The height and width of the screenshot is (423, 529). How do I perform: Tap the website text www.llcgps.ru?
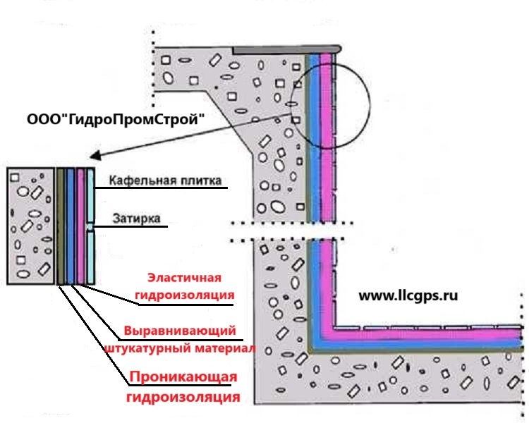pyautogui.click(x=408, y=296)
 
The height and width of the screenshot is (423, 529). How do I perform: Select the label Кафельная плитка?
pyautogui.click(x=165, y=181)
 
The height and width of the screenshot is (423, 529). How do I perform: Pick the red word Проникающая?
pyautogui.click(x=181, y=379)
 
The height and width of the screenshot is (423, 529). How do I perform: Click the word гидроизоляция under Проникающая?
pyautogui.click(x=183, y=398)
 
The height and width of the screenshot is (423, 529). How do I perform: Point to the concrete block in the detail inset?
pyautogui.click(x=30, y=226)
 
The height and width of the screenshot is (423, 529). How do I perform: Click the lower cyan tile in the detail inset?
pyautogui.click(x=92, y=257)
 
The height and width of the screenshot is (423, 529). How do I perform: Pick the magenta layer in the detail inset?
pyautogui.click(x=82, y=226)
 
